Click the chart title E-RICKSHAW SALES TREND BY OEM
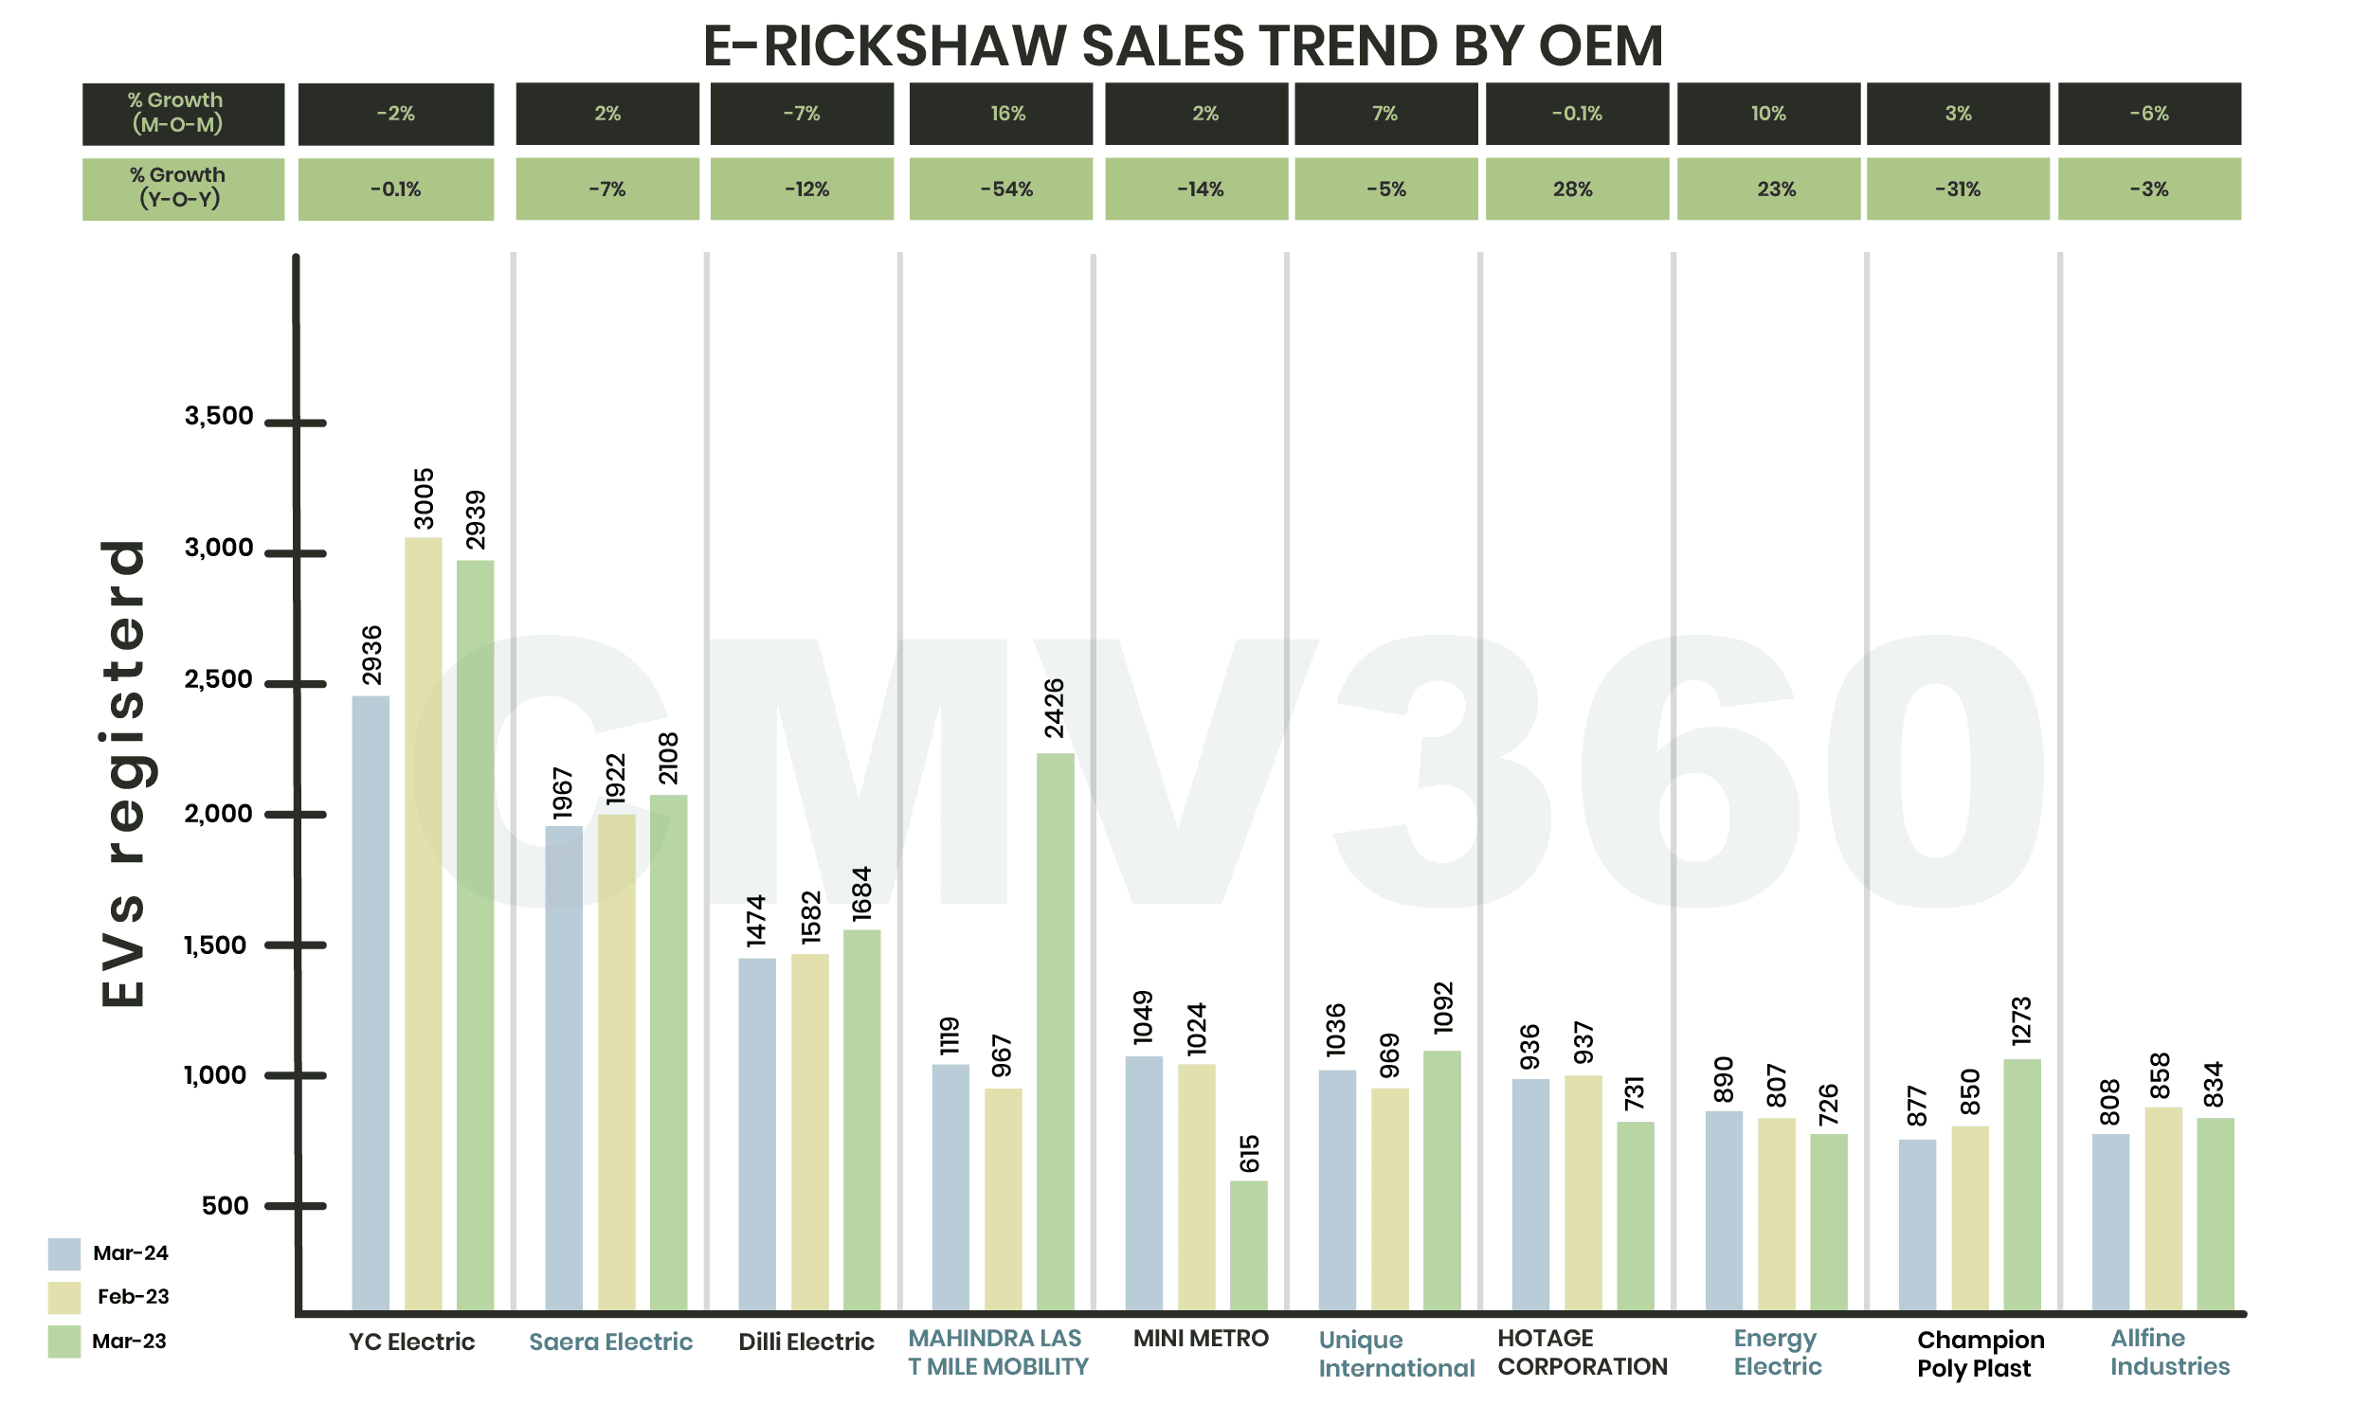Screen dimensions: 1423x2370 (x=1183, y=45)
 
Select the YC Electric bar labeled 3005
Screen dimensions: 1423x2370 (x=423, y=921)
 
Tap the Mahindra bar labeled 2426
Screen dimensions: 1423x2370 (x=1054, y=1031)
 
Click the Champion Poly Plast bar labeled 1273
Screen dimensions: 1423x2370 (x=2021, y=1183)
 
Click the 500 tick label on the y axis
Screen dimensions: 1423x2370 (x=225, y=1205)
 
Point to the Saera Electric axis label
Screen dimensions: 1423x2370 (x=610, y=1341)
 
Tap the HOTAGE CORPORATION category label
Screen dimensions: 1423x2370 (x=1582, y=1352)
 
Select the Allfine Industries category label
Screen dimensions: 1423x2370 (x=2168, y=1352)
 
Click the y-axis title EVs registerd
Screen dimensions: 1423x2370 (x=124, y=773)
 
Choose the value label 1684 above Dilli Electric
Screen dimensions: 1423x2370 (x=861, y=893)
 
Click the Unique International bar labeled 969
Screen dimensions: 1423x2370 (x=1389, y=1198)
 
